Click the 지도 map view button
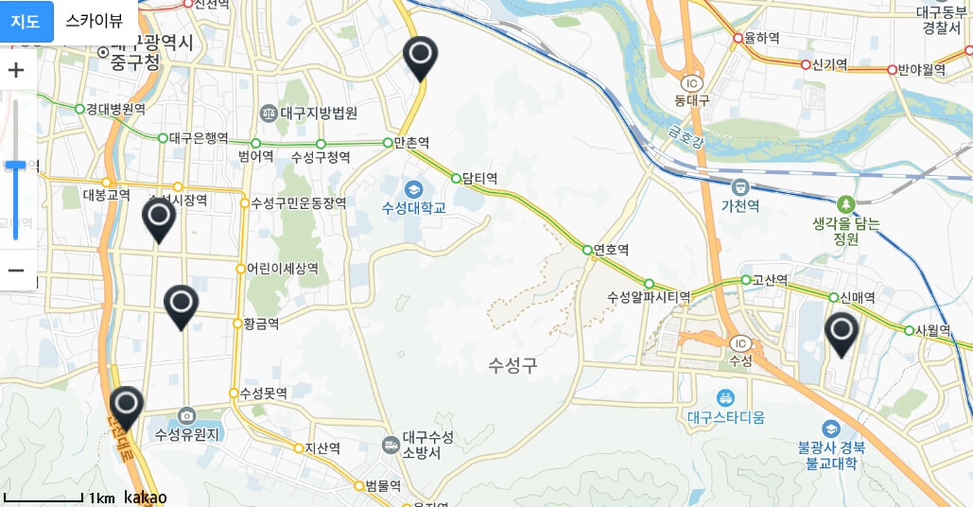pos(26,21)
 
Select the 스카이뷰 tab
pos(94,21)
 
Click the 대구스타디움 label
pos(726,417)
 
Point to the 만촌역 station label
pos(411,143)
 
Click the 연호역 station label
pos(611,250)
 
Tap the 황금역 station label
pos(260,323)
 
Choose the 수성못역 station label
pos(263,393)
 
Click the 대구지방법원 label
pos(319,114)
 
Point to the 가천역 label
pos(740,205)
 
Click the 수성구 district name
pos(513,365)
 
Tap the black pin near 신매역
pos(840,333)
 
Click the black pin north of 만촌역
pos(420,57)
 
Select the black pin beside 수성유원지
pos(126,407)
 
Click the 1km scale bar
pos(44,498)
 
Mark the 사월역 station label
pos(931,331)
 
